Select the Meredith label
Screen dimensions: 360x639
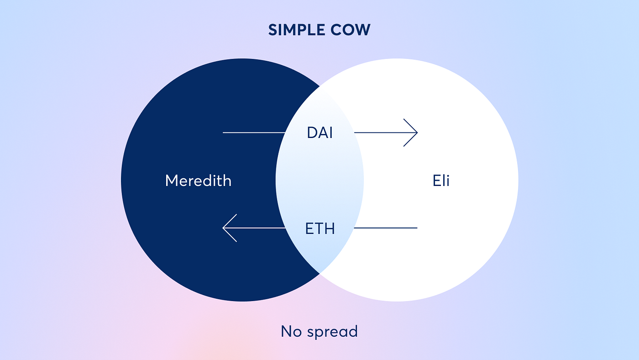click(198, 180)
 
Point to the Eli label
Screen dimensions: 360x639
click(441, 180)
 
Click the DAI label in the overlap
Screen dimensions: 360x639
click(319, 133)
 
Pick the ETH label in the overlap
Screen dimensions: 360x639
click(319, 228)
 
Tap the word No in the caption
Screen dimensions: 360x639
click(291, 331)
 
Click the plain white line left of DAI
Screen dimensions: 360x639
click(254, 132)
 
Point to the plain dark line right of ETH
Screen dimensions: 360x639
click(386, 228)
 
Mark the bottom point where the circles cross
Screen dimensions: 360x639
click(319, 273)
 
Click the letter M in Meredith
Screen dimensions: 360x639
click(171, 180)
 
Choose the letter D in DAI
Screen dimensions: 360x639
click(312, 133)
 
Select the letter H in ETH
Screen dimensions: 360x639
click(330, 228)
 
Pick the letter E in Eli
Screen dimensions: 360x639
click(435, 180)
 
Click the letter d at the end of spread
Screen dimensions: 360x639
click(353, 331)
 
